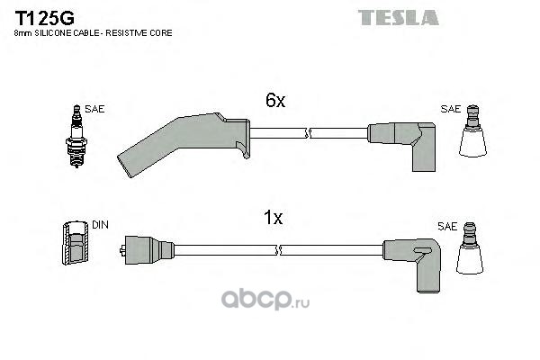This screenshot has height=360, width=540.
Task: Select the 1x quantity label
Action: pyautogui.click(x=274, y=217)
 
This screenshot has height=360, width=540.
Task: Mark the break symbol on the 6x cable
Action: pyautogui.click(x=308, y=136)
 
